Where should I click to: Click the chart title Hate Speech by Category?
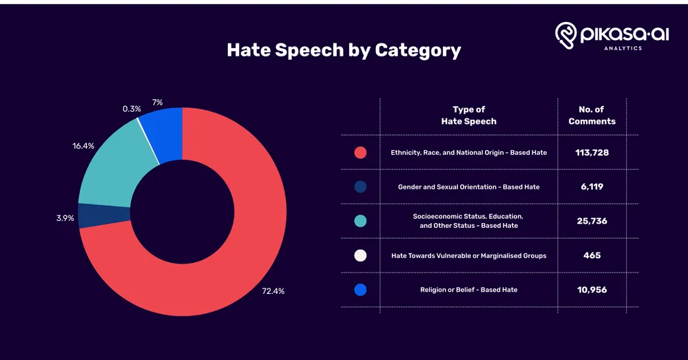(x=344, y=50)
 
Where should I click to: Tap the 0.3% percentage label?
(x=132, y=108)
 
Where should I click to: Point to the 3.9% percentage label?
(x=65, y=218)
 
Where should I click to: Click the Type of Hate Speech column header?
(x=468, y=115)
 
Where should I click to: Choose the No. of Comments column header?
(x=592, y=115)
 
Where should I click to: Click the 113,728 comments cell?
(x=592, y=152)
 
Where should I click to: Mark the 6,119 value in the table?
(x=592, y=187)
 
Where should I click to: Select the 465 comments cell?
(x=592, y=255)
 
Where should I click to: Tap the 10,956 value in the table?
(x=592, y=290)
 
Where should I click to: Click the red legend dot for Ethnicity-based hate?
(x=360, y=152)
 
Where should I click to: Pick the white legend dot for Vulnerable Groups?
(x=360, y=255)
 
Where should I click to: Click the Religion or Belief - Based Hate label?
(x=468, y=290)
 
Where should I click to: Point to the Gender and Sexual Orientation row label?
(x=468, y=187)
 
